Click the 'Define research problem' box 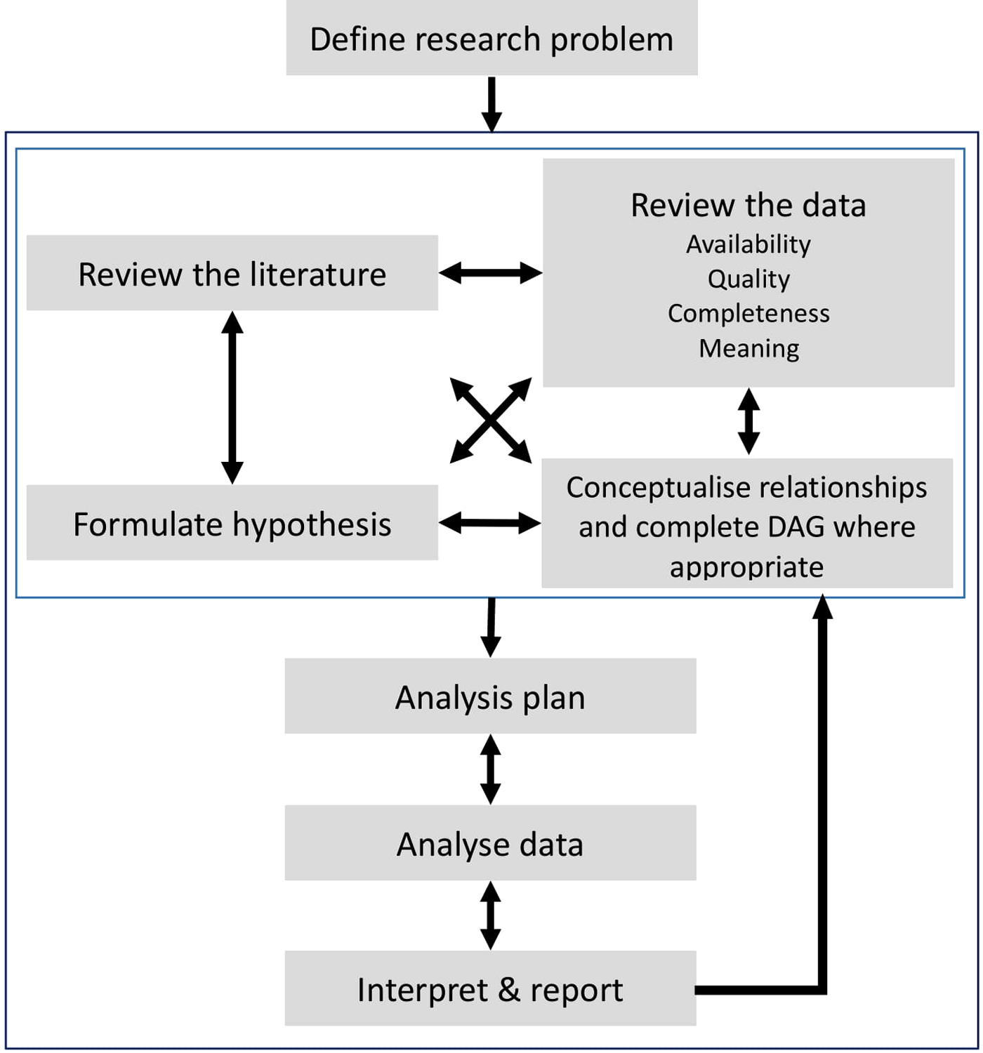(491, 39)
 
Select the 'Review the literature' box (232, 274)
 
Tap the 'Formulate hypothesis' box (232, 524)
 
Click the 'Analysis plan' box (490, 697)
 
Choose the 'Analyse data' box (490, 843)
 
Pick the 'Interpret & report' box (490, 989)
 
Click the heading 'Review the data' (748, 205)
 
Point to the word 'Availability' (748, 244)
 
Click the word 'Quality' (748, 279)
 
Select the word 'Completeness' (748, 313)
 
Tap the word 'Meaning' (748, 348)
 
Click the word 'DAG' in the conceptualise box (796, 526)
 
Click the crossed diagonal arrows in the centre (491, 420)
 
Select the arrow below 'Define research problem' (491, 104)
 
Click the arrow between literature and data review (490, 272)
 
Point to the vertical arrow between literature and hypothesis (232, 397)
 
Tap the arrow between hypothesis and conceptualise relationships (490, 522)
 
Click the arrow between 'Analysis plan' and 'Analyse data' (490, 769)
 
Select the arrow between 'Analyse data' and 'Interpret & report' (490, 915)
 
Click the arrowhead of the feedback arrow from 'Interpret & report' (822, 605)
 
